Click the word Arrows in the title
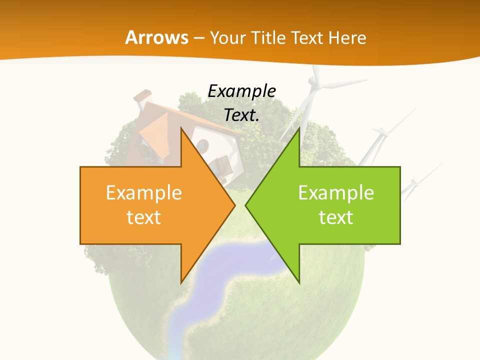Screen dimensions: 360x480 pyautogui.click(x=156, y=37)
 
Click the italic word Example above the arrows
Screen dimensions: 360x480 pyautogui.click(x=242, y=91)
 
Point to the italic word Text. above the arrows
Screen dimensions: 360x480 pyautogui.click(x=242, y=115)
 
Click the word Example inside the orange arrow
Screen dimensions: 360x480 pyautogui.click(x=144, y=193)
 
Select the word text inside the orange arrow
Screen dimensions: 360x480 pyautogui.click(x=144, y=217)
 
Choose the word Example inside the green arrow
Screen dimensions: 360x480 pyautogui.click(x=336, y=193)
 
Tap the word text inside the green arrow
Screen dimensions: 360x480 pyautogui.click(x=336, y=217)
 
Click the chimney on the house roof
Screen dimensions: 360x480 pyautogui.click(x=143, y=96)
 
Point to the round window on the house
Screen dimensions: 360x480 pyautogui.click(x=202, y=145)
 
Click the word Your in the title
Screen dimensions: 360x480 pyautogui.click(x=227, y=37)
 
